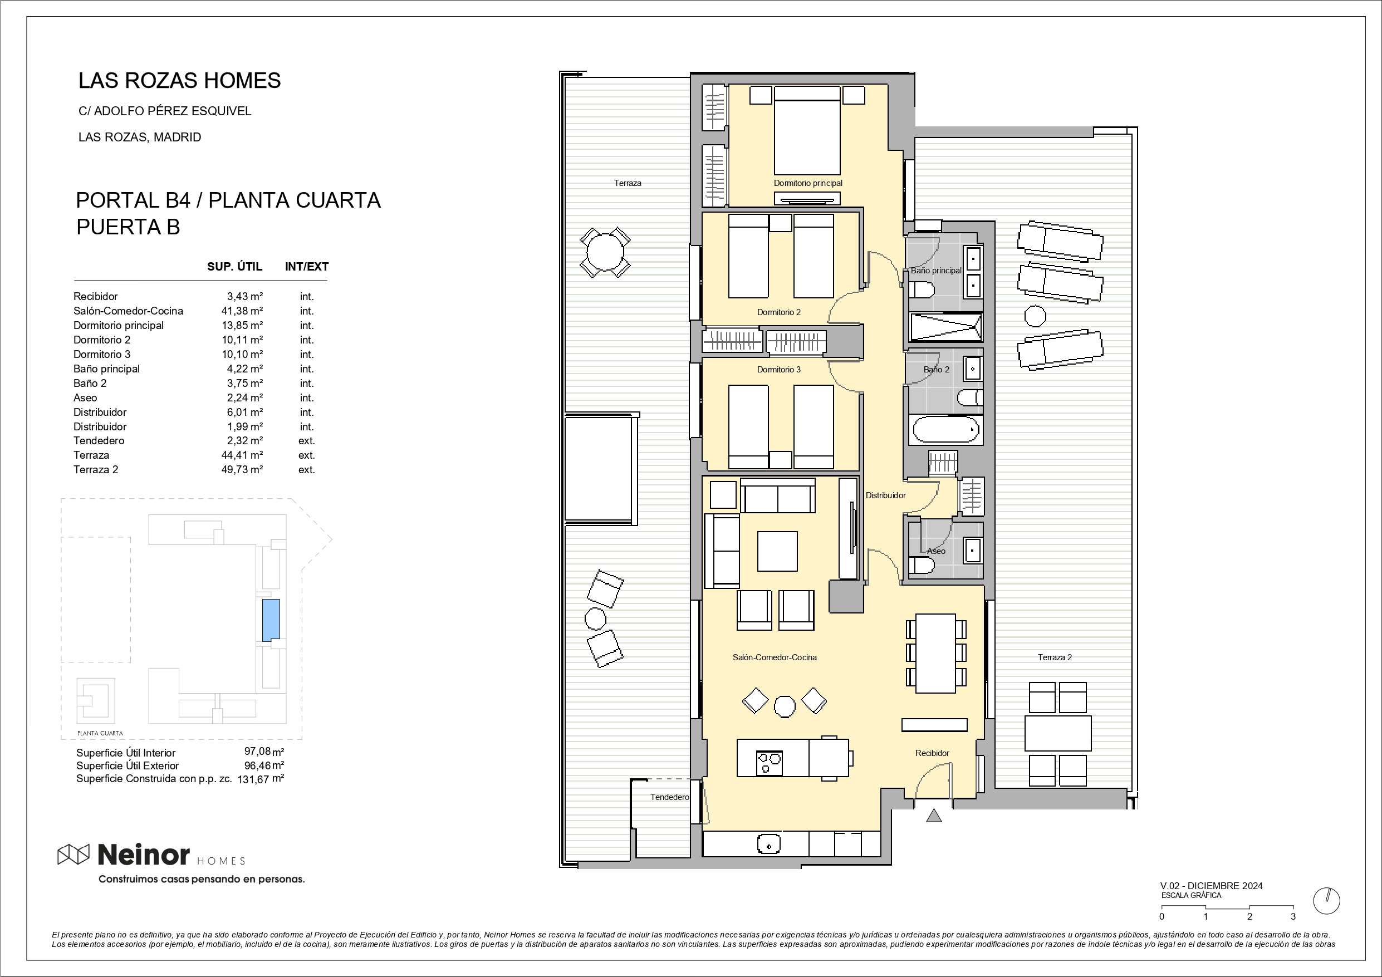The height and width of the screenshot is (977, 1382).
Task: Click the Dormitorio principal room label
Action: click(x=808, y=183)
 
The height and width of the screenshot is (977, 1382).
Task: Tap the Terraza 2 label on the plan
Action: click(x=1055, y=657)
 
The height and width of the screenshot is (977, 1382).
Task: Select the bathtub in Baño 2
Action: click(x=945, y=430)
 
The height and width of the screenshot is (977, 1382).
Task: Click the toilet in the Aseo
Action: click(x=921, y=565)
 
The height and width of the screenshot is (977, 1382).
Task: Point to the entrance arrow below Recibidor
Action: click(x=934, y=816)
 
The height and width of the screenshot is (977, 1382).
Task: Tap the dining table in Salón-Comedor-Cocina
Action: click(x=935, y=653)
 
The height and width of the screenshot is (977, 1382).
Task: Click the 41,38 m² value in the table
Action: click(x=242, y=311)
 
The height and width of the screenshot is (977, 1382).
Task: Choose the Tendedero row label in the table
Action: click(x=99, y=441)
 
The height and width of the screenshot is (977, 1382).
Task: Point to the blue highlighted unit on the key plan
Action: click(x=271, y=620)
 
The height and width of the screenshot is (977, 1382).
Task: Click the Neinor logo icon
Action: click(x=73, y=853)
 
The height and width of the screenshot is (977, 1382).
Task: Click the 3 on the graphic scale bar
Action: click(x=1293, y=917)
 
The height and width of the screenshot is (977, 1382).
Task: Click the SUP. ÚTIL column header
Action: click(x=235, y=266)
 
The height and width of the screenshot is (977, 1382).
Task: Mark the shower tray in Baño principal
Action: click(x=945, y=327)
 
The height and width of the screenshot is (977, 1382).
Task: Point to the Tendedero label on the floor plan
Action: click(x=669, y=797)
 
